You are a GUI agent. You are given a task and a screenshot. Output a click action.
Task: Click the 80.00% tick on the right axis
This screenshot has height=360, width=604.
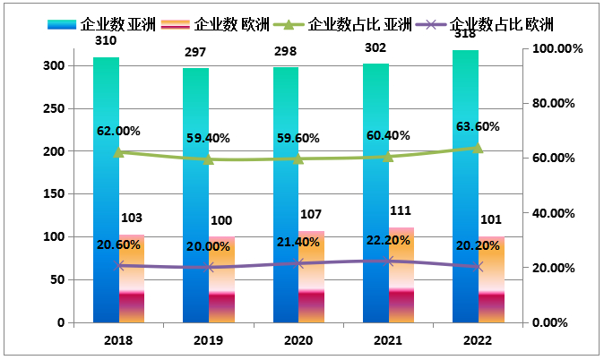click(557, 103)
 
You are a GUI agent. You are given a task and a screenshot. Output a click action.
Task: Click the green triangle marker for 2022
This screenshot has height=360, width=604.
click(478, 148)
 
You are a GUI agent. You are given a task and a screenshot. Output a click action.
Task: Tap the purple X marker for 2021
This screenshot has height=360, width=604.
click(388, 261)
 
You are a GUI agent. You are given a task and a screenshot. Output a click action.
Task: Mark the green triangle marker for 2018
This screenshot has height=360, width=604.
click(119, 152)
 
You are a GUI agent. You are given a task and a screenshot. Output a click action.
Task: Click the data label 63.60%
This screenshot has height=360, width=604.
click(478, 126)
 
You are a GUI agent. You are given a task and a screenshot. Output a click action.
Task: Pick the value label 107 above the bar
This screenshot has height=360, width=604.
click(311, 215)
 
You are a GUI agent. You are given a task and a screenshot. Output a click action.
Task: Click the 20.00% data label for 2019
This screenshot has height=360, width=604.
click(208, 246)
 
